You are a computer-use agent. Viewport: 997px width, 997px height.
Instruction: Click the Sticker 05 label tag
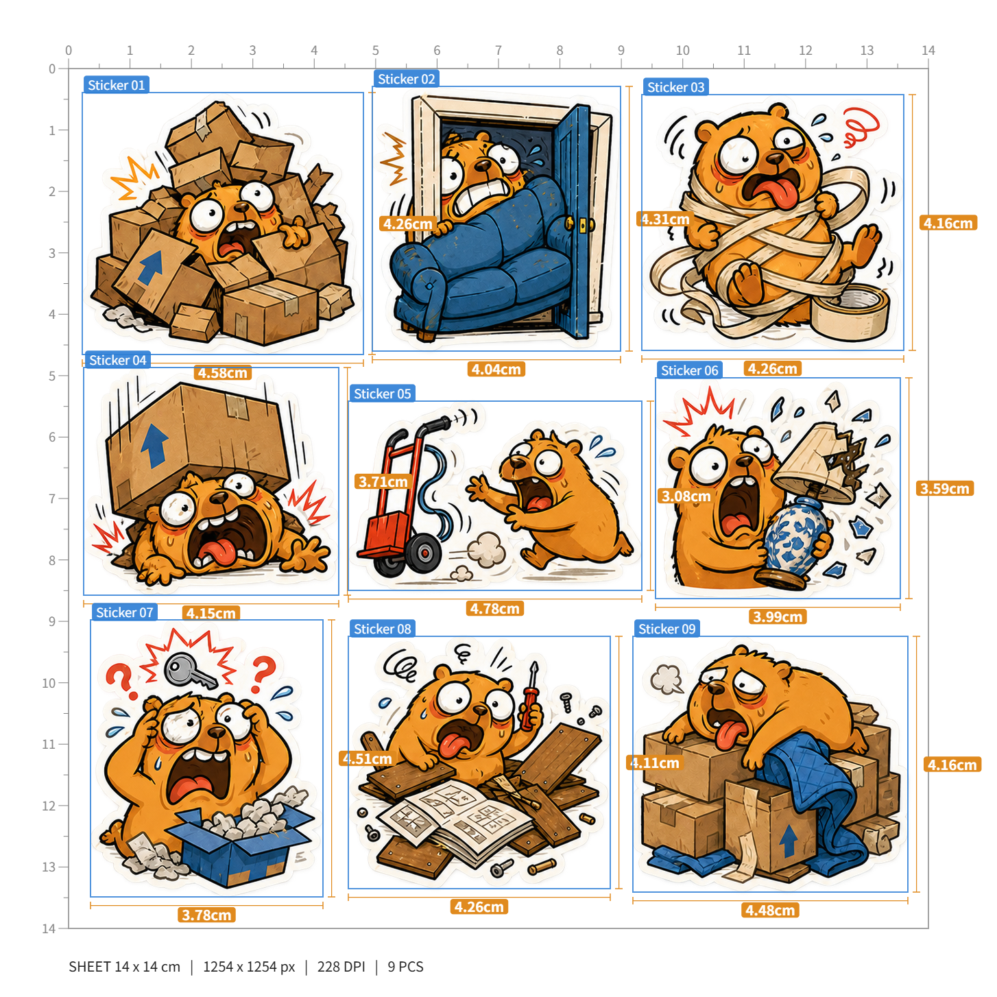click(382, 393)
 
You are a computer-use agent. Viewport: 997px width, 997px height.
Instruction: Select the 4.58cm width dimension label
click(222, 372)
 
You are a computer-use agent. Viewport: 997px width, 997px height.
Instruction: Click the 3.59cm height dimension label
click(944, 488)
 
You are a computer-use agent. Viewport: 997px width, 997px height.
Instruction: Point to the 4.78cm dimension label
click(494, 608)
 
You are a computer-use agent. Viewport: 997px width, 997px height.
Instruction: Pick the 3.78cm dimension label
click(206, 915)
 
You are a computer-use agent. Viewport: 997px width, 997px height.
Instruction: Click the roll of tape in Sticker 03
click(850, 312)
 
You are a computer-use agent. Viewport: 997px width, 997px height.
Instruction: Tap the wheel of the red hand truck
click(424, 553)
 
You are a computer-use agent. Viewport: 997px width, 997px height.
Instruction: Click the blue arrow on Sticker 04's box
click(154, 446)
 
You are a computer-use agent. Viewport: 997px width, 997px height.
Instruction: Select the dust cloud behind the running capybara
click(485, 551)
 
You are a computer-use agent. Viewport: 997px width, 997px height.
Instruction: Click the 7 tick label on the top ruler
click(498, 50)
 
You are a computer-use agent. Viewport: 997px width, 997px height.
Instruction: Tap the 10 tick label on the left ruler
click(49, 683)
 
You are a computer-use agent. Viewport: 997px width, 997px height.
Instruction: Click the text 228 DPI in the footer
click(341, 966)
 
